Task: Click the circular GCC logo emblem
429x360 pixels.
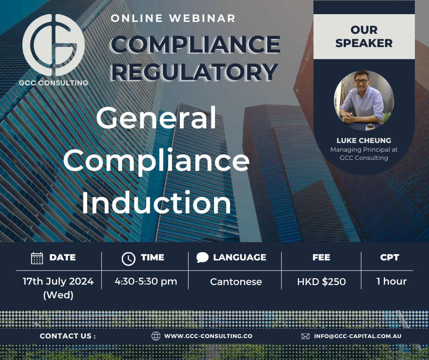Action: [53, 45]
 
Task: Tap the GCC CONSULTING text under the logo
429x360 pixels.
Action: [54, 83]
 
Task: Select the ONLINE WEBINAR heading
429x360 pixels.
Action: [173, 19]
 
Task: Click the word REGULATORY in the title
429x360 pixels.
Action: [194, 72]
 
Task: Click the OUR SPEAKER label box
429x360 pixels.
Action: [364, 37]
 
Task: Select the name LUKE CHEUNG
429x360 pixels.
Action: [364, 140]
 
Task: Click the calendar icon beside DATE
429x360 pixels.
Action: [37, 258]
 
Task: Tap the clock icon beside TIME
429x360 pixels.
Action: [128, 258]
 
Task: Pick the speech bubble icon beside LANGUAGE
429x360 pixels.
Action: [202, 258]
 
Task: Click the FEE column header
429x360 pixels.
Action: [321, 258]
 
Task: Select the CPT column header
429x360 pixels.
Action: [389, 258]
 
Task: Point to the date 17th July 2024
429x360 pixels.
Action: [58, 281]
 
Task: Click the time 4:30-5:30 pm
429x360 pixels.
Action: [146, 281]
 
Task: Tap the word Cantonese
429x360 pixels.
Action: [236, 282]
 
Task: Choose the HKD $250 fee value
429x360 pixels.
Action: [321, 282]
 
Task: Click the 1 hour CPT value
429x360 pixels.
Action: [391, 281]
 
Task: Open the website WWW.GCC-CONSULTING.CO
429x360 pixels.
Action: [208, 336]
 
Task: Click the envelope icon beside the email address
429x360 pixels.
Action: [305, 336]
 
